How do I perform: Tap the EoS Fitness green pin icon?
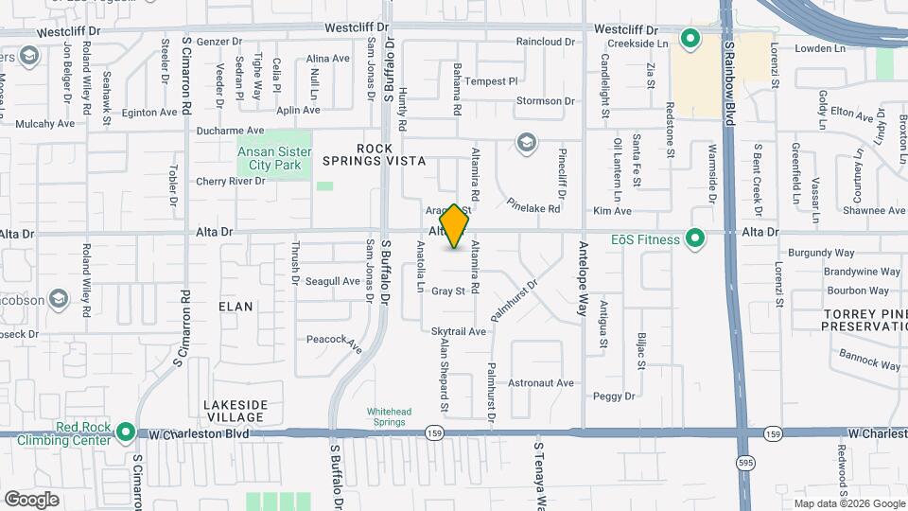pos(696,238)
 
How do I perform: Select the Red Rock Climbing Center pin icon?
pos(127,433)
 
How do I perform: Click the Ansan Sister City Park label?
pos(274,157)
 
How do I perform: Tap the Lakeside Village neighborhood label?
pos(234,411)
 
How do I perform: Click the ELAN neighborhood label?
pos(236,307)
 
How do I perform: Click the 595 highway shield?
pos(744,461)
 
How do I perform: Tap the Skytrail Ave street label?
pos(458,331)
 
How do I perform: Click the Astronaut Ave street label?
pos(541,383)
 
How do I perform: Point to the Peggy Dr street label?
pos(614,396)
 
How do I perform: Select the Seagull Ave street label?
pos(333,281)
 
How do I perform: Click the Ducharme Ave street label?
pos(230,131)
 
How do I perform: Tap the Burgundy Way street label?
pos(822,254)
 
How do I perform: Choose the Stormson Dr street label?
pos(546,101)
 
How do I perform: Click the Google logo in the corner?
pos(31,500)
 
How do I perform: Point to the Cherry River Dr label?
pos(231,181)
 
